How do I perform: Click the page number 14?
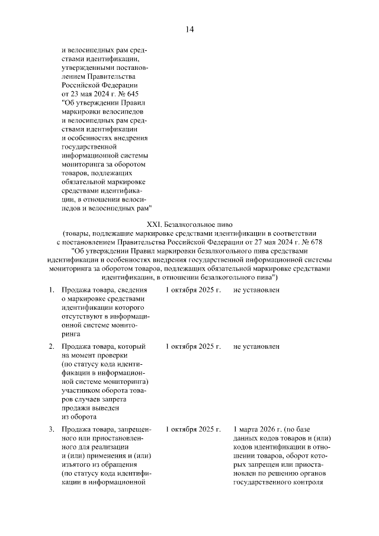tap(189, 30)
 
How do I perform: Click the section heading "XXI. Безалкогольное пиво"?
tap(189, 224)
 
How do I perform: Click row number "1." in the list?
tap(53, 290)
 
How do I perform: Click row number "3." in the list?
tap(53, 428)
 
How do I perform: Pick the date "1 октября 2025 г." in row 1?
tap(193, 290)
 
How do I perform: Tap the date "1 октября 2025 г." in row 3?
tap(193, 428)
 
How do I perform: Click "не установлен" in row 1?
tap(256, 290)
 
